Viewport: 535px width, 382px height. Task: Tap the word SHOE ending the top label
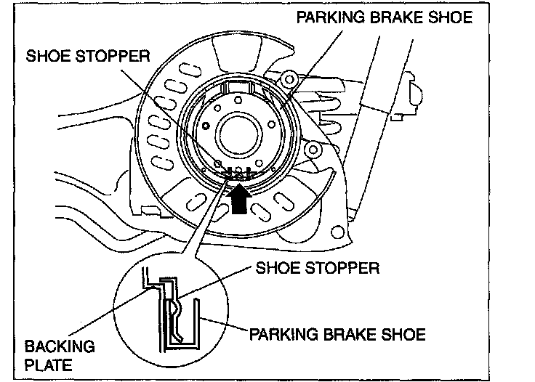click(452, 18)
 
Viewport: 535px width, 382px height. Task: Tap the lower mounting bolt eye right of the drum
click(315, 150)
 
